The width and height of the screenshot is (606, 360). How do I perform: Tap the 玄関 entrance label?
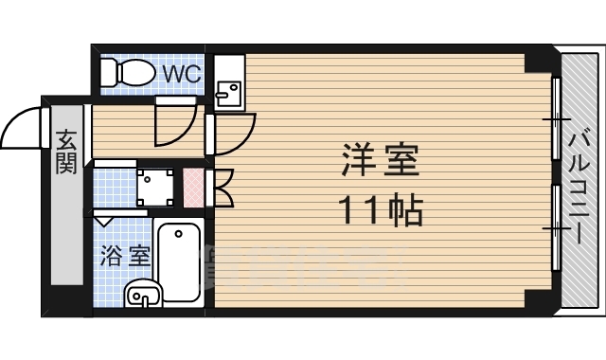pos(65,152)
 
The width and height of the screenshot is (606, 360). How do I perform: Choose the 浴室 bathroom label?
pos(125,256)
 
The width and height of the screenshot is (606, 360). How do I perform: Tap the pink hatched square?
pos(192,189)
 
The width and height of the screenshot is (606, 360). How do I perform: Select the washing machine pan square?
pos(156,188)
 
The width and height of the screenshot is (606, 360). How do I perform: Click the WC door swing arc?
pos(175,123)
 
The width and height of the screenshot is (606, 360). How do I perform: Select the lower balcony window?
pos(557,227)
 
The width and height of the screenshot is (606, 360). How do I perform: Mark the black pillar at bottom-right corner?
pos(539,300)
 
